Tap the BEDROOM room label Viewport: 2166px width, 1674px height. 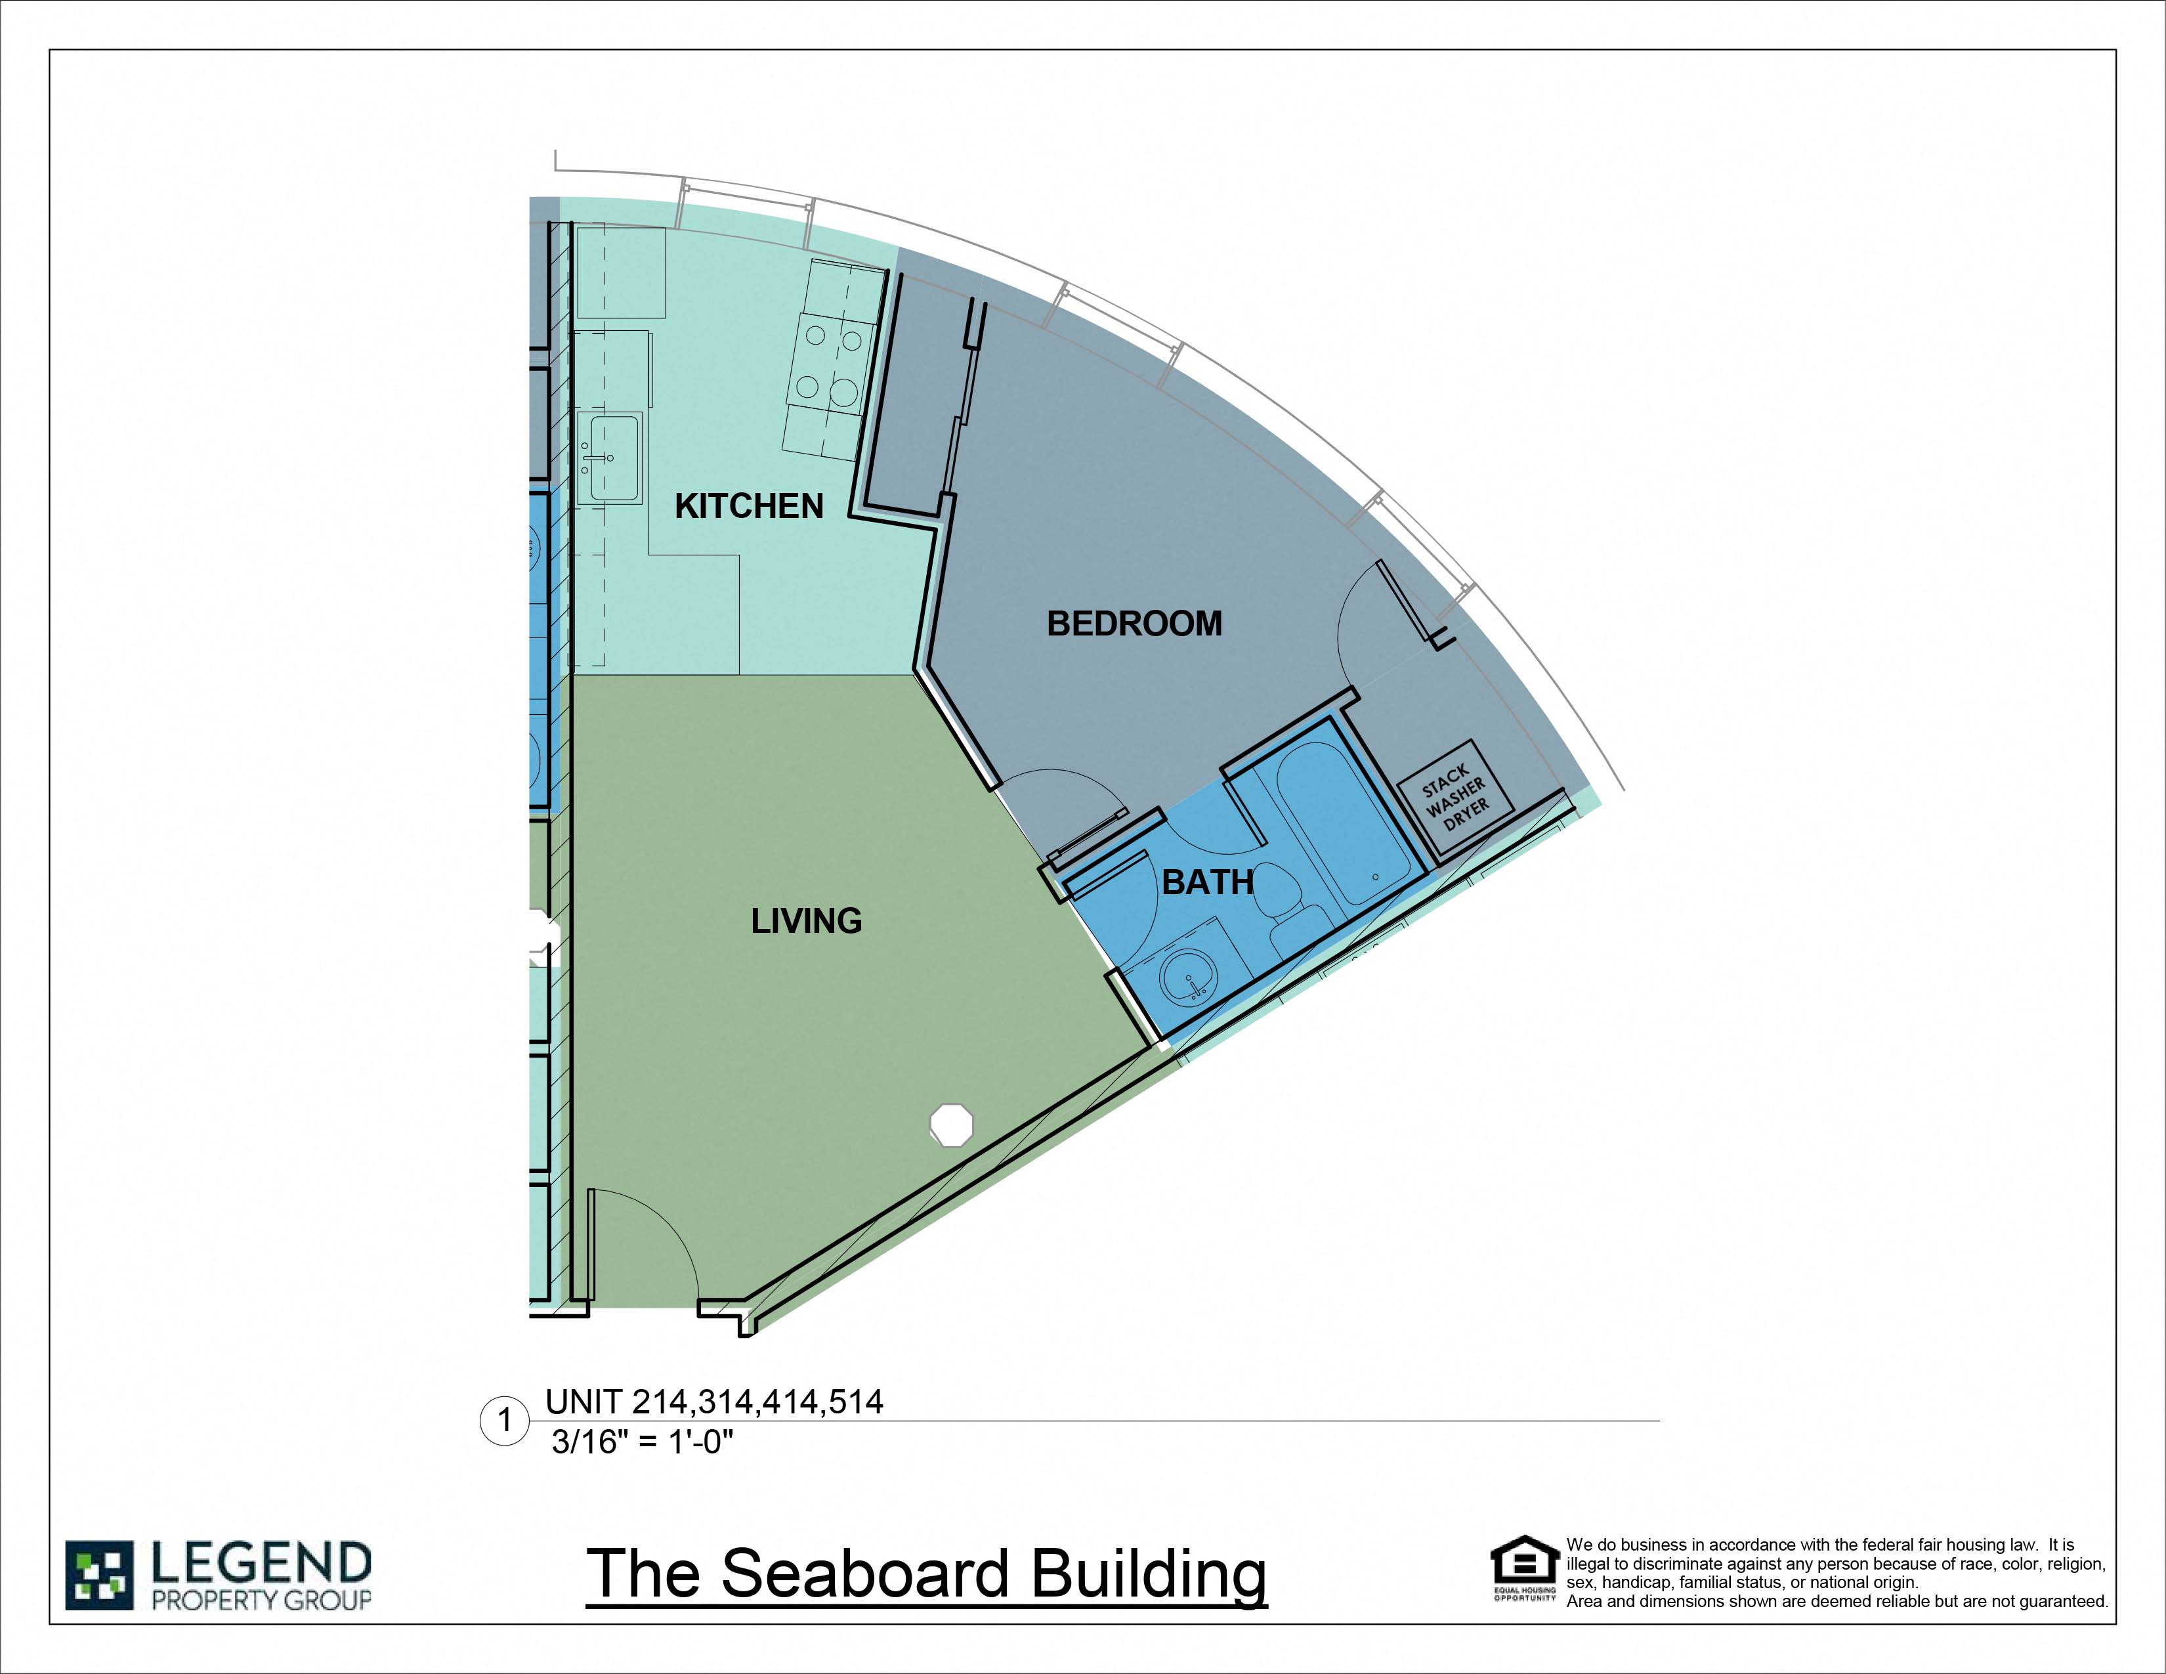point(1135,624)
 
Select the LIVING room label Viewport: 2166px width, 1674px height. point(806,921)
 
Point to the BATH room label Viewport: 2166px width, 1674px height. point(1207,882)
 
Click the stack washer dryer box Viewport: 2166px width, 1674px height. point(1455,800)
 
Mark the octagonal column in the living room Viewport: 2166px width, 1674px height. point(951,1125)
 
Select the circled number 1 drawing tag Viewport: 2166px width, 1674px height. point(505,1421)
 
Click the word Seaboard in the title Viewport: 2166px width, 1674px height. point(870,1574)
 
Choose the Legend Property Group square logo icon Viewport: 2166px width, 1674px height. point(99,1575)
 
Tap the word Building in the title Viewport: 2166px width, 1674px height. point(1149,1574)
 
